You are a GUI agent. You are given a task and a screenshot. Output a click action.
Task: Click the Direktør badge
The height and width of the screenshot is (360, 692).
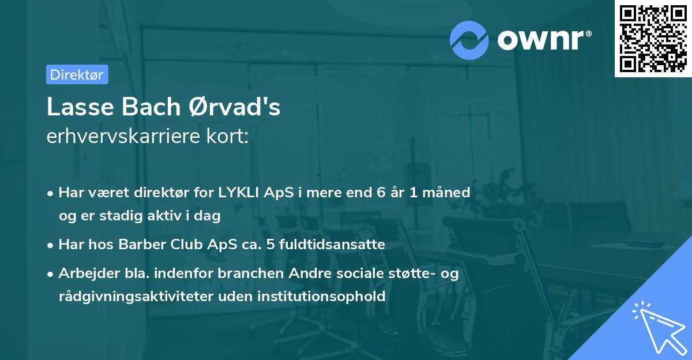click(77, 74)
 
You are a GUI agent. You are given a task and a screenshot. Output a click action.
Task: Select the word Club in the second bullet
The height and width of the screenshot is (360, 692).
click(183, 245)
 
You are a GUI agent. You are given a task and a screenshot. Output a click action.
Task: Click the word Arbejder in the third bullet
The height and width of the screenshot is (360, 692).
click(86, 273)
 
